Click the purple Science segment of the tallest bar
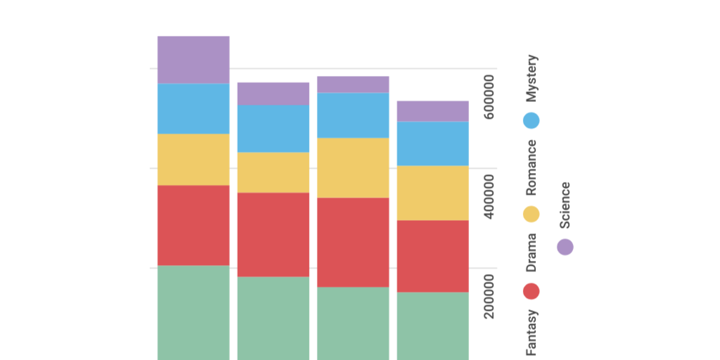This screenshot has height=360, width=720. pos(193,60)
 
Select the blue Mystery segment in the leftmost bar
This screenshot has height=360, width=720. pos(193,108)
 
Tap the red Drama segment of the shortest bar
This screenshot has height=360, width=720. pos(432,256)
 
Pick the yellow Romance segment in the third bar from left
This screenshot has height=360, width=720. pos(353,167)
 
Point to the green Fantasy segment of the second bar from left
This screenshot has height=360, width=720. pos(273,318)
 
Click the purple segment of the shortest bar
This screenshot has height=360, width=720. pos(432,111)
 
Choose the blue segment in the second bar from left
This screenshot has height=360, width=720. pos(273,129)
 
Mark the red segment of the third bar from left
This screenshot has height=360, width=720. pos(353,242)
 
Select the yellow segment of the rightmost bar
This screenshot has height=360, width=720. pos(432,193)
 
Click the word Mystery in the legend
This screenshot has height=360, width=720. pos(532,78)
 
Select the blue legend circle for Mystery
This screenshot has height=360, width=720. pos(532,120)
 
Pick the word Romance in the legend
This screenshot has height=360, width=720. pos(532,167)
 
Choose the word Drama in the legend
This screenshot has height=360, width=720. pos(532,252)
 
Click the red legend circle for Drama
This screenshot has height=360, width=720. pos(532,291)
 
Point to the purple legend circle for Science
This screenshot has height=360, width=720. pos(565,247)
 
